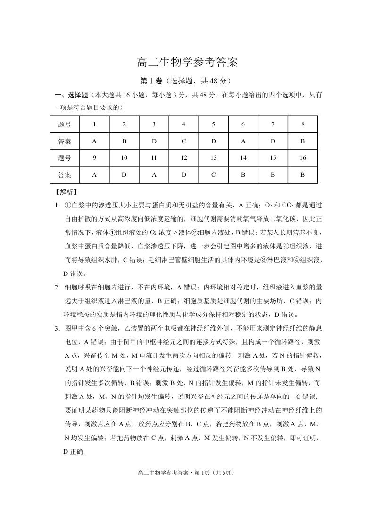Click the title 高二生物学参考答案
tap(187, 62)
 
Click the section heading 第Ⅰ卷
tap(151, 81)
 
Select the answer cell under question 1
tap(94, 141)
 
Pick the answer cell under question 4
tap(183, 141)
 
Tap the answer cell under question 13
tap(213, 175)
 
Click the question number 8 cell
tap(302, 124)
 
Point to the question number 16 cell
tap(302, 158)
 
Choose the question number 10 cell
tap(124, 158)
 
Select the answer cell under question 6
tap(243, 141)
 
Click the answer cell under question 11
tap(154, 175)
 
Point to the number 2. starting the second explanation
tap(57, 287)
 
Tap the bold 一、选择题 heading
tap(71, 95)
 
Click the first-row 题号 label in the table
tap(65, 124)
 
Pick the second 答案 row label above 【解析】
tap(65, 175)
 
